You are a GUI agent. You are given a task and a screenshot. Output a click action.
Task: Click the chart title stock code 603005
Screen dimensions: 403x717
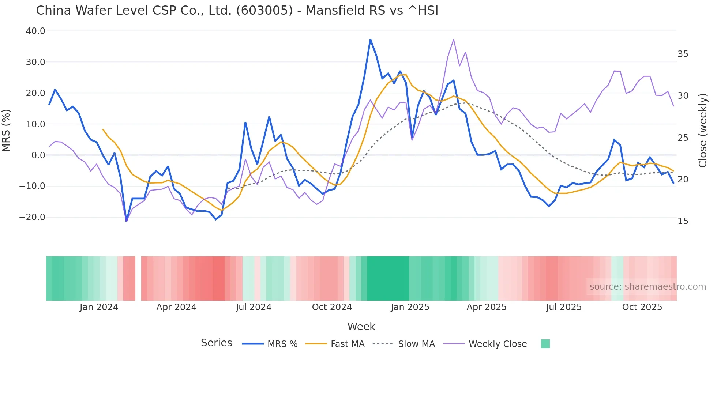pos(264,11)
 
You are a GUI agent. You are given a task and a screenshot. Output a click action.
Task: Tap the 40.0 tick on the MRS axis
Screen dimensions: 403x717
pos(35,31)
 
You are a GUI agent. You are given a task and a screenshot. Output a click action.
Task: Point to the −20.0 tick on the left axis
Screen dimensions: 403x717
pos(32,217)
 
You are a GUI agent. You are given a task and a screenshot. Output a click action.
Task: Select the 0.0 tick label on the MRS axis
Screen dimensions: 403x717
pos(38,155)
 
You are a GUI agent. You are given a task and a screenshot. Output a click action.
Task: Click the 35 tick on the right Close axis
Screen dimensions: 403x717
pos(683,54)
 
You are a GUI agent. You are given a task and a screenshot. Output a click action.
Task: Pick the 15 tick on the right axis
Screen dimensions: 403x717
pos(683,221)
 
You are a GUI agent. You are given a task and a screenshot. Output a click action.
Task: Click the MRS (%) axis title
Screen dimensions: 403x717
pos(6,130)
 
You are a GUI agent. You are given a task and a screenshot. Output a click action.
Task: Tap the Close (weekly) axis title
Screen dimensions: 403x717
pos(702,130)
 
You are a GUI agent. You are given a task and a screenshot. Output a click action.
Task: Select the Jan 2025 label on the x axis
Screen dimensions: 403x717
pos(410,307)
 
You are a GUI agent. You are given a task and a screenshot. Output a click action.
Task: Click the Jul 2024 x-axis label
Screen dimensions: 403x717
pos(254,307)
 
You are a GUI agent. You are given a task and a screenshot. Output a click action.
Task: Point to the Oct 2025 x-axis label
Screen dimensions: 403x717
pos(642,307)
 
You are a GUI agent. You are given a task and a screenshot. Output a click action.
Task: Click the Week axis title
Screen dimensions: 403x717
pos(361,327)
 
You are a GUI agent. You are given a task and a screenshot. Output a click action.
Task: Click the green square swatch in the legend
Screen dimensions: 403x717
pos(545,344)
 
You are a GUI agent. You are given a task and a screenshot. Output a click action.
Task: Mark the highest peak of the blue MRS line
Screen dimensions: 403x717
pos(370,39)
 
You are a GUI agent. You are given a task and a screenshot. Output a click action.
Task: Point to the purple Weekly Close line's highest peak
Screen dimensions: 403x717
pos(454,39)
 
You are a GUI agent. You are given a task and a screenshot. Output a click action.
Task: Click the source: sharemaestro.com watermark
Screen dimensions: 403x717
pos(647,287)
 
